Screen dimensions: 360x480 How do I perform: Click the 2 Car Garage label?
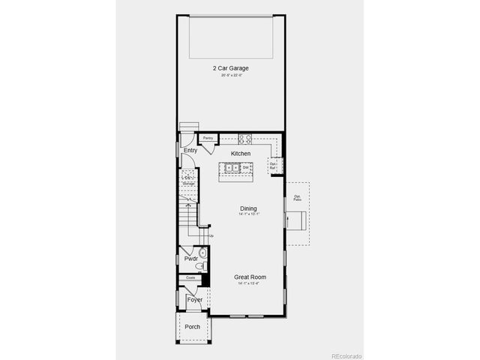pos(230,68)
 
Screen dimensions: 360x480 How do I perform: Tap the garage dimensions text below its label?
pos(230,76)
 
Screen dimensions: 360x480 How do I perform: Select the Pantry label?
pos(208,138)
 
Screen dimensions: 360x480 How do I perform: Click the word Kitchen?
pos(241,154)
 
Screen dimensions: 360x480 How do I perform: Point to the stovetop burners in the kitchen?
pos(244,138)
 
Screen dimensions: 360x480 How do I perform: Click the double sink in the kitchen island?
pos(230,168)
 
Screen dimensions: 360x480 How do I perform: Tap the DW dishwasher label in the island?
pos(244,167)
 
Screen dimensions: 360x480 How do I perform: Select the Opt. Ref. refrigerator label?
pos(273,164)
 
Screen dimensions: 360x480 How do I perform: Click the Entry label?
pos(190,151)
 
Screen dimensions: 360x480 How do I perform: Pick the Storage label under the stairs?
pos(189,183)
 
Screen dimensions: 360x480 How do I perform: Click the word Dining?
pos(248,208)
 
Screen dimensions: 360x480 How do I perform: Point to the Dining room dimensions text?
pos(248,215)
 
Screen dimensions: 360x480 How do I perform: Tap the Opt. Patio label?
pos(297,198)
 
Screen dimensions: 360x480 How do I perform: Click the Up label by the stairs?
pos(211,236)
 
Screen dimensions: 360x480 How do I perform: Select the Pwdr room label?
pos(190,259)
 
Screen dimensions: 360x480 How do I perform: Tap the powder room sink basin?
pos(202,253)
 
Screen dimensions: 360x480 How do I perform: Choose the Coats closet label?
pos(190,277)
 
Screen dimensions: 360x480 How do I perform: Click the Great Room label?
pos(250,277)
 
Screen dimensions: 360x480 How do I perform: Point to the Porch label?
pos(193,326)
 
